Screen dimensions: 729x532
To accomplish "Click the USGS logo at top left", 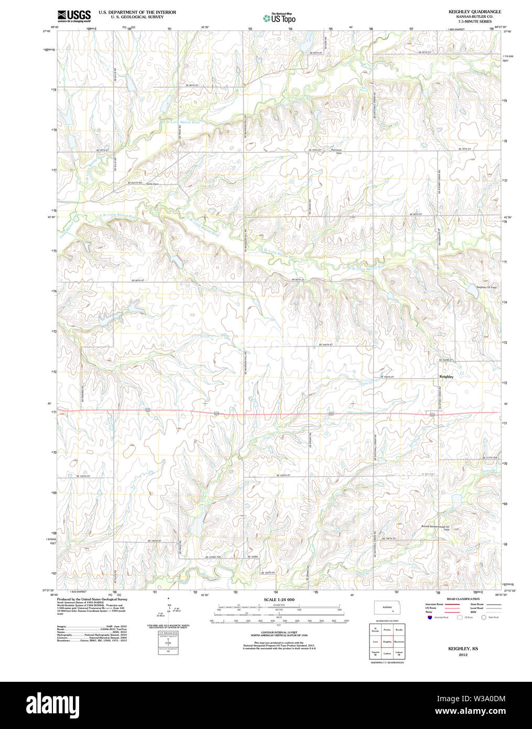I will coord(73,15).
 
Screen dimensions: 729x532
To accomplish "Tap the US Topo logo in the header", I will coord(280,18).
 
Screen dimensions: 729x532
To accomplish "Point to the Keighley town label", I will coord(446,377).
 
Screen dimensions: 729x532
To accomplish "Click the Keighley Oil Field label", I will coord(486,287).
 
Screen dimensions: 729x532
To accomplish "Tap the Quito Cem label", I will coord(153,184).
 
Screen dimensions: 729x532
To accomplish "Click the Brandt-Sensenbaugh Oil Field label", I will coord(436,528).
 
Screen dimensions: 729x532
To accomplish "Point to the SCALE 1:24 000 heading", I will coord(279,599).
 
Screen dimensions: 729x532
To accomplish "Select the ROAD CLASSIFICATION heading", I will coord(463,599).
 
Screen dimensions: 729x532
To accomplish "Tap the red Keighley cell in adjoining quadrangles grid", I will coord(387,641).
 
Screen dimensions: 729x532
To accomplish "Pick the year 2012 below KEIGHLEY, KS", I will coord(463,655).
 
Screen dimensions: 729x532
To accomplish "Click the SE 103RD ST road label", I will coord(447,360).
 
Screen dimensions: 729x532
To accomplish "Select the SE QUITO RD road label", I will coord(135,183).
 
